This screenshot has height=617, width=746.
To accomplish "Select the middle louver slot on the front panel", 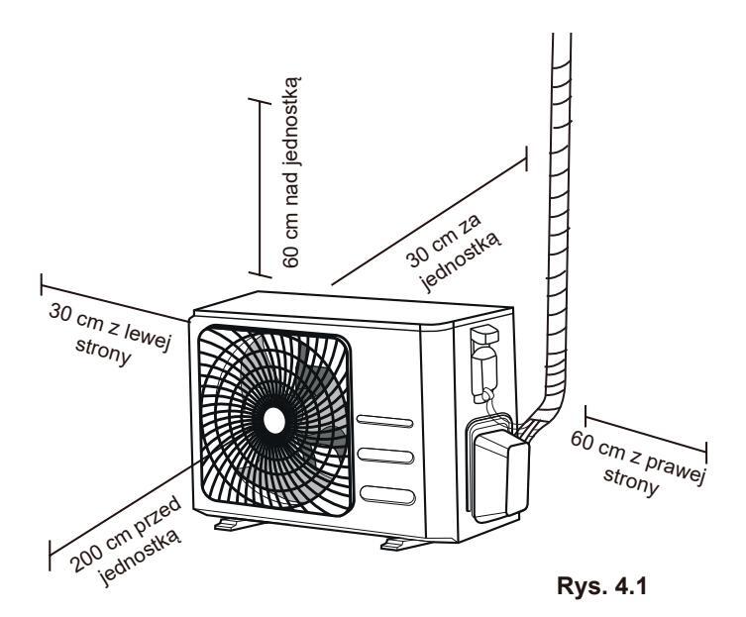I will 384,457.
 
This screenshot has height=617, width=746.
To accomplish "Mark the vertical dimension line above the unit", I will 259,186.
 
